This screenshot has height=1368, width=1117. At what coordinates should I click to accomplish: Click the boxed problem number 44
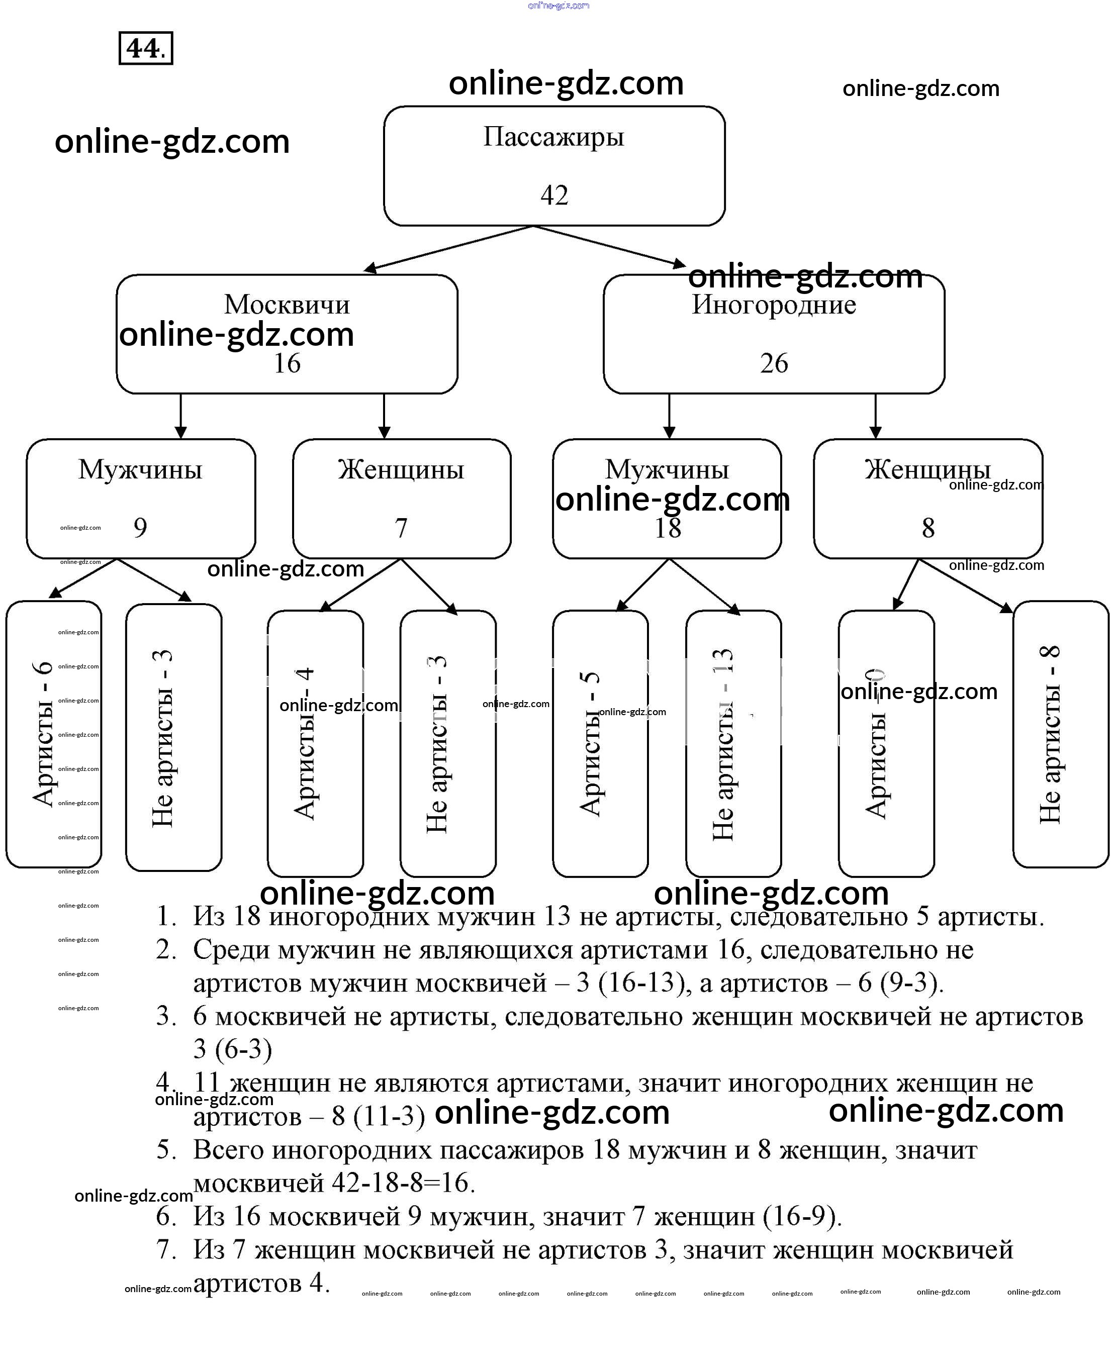pyautogui.click(x=145, y=48)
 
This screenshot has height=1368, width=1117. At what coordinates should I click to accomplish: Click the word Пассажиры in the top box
pyautogui.click(x=553, y=137)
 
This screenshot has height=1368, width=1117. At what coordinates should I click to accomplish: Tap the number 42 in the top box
pyautogui.click(x=554, y=195)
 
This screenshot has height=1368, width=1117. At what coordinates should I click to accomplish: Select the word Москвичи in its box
pyautogui.click(x=287, y=304)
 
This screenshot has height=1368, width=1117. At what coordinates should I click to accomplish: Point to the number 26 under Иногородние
pyautogui.click(x=774, y=363)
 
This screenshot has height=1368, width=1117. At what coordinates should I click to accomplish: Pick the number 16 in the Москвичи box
pyautogui.click(x=287, y=363)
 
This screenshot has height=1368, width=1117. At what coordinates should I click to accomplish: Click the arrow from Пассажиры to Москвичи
pyautogui.click(x=448, y=248)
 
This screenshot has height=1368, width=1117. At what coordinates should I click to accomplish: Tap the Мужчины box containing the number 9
pyautogui.click(x=140, y=499)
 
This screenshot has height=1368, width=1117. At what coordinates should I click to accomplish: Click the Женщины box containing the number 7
pyautogui.click(x=402, y=499)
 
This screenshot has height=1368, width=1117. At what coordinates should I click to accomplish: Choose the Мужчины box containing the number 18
pyautogui.click(x=667, y=499)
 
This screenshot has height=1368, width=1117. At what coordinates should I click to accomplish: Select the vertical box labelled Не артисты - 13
pyautogui.click(x=733, y=743)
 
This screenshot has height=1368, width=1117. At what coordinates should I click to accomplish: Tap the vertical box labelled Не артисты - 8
pyautogui.click(x=1060, y=734)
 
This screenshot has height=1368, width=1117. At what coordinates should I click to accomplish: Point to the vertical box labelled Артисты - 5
pyautogui.click(x=600, y=743)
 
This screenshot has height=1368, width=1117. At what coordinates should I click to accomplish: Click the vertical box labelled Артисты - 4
pyautogui.click(x=315, y=743)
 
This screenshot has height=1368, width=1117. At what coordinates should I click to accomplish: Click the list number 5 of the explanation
pyautogui.click(x=166, y=1150)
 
